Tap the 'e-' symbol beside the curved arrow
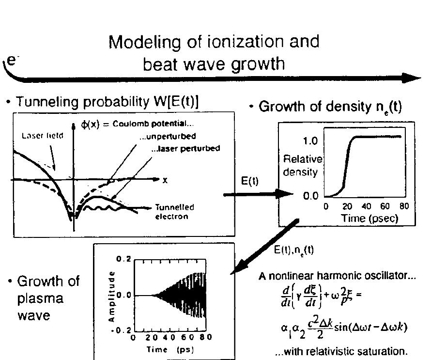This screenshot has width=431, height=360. (12, 61)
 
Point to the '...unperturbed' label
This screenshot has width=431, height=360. (168, 137)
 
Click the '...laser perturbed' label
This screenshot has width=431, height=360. (185, 149)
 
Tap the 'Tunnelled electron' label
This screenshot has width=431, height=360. (174, 212)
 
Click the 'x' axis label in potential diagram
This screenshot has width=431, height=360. (165, 180)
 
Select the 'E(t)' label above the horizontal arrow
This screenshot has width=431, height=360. (249, 181)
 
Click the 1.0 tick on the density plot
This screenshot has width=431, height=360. (310, 141)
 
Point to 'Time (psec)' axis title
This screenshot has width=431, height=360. (369, 218)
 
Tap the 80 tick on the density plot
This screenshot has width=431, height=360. (404, 206)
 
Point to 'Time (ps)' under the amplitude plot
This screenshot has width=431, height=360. (172, 349)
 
